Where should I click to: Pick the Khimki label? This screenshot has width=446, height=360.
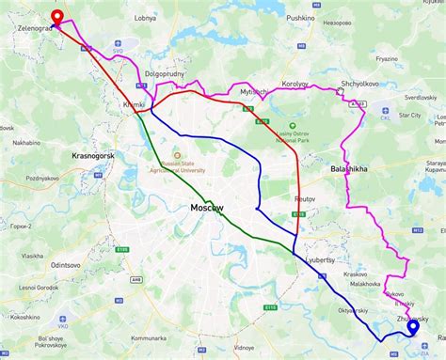pyautogui.click(x=134, y=106)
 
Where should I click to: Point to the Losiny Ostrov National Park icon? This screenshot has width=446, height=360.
pyautogui.click(x=294, y=124)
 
